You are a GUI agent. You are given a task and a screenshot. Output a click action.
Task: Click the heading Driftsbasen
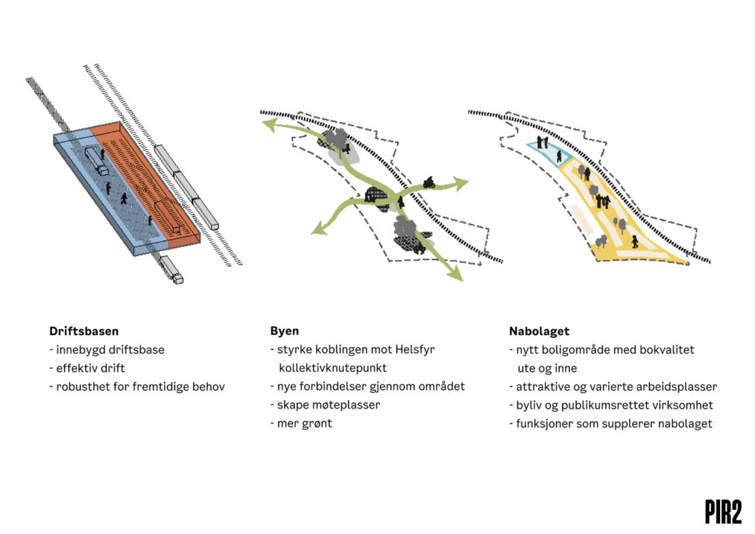click(84, 331)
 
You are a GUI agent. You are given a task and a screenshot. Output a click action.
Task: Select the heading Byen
click(284, 331)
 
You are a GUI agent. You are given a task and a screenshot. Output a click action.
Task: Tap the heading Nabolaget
click(539, 331)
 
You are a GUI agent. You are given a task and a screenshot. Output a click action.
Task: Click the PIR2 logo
click(723, 512)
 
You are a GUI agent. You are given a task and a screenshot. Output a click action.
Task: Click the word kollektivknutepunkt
click(333, 368)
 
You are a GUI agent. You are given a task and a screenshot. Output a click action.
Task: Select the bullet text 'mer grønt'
click(304, 423)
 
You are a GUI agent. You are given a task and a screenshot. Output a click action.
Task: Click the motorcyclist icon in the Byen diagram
click(429, 182)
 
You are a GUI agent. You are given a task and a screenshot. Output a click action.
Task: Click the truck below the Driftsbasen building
click(172, 269)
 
